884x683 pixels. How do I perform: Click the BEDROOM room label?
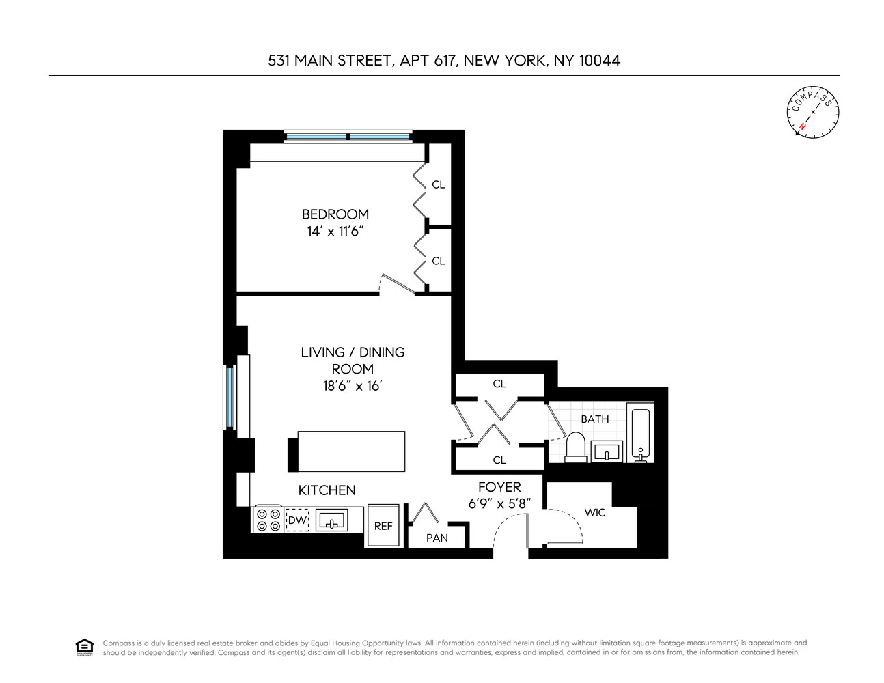pyautogui.click(x=335, y=214)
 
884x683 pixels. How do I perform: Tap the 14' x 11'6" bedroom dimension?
pyautogui.click(x=335, y=232)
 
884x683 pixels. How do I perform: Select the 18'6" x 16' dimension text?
pyautogui.click(x=352, y=386)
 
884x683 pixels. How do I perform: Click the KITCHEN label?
pyautogui.click(x=327, y=490)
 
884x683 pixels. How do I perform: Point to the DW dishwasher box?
pyautogui.click(x=296, y=520)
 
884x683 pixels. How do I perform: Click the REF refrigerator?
pyautogui.click(x=383, y=526)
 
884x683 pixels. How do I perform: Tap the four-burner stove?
pyautogui.click(x=267, y=520)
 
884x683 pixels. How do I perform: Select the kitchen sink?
pyautogui.click(x=333, y=520)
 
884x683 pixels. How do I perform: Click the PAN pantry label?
pyautogui.click(x=437, y=538)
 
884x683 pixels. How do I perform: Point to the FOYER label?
pyautogui.click(x=499, y=487)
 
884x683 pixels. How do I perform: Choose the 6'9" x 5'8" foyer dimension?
pyautogui.click(x=499, y=504)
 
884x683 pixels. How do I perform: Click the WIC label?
pyautogui.click(x=595, y=512)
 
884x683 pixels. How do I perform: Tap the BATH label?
pyautogui.click(x=594, y=419)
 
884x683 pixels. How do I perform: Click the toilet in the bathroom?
pyautogui.click(x=575, y=448)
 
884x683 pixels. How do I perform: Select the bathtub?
pyautogui.click(x=641, y=434)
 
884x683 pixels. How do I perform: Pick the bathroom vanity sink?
pyautogui.click(x=607, y=451)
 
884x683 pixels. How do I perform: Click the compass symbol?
pyautogui.click(x=812, y=111)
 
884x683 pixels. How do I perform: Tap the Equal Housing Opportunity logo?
pyautogui.click(x=84, y=647)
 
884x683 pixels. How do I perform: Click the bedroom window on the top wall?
pyautogui.click(x=348, y=137)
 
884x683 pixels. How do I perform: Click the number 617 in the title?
pyautogui.click(x=445, y=60)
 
